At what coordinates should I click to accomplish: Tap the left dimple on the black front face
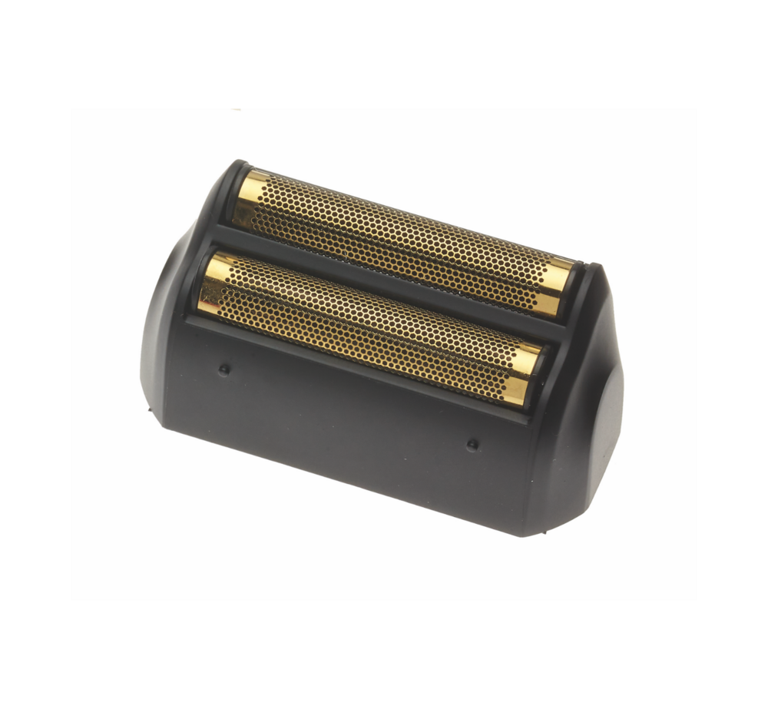(x=224, y=369)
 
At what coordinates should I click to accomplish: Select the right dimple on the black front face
(x=472, y=444)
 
